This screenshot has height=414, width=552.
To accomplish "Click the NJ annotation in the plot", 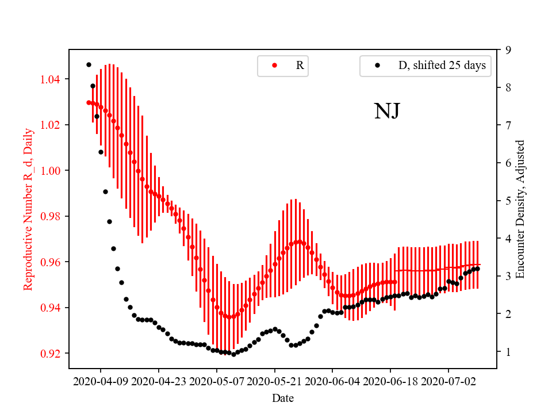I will coord(386,111).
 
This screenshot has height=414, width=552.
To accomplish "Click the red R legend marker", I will coord(274,66).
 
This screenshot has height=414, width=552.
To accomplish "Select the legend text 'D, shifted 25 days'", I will coord(442,66).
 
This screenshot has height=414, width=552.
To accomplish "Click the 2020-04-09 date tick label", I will coord(101,381).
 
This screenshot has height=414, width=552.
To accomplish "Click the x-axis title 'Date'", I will coord(283,397).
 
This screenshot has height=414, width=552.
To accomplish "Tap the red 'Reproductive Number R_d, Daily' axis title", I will coord(28,209).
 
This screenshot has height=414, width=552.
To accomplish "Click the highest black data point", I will coord(89,64).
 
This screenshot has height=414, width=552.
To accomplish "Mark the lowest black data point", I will coord(233,354).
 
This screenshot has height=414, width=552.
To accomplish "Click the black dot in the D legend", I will coord(377,66).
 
